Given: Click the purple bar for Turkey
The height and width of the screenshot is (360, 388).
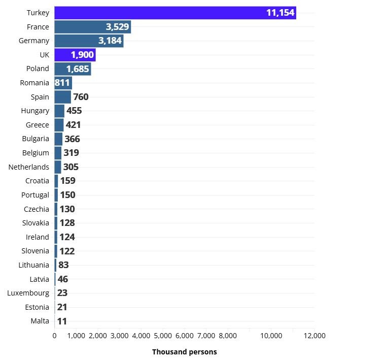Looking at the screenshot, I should coord(175,13).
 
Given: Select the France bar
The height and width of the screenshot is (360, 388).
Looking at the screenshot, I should coord(92,27).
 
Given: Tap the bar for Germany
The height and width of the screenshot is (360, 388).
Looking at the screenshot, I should coord(89,41).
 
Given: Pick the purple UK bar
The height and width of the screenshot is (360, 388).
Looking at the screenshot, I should coord(75,55).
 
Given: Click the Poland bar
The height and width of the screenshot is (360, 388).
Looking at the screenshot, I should coord(73,69).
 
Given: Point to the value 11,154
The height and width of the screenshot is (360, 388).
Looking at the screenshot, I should coord(280,13).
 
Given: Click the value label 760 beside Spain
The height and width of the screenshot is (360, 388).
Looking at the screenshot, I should coord(81,96).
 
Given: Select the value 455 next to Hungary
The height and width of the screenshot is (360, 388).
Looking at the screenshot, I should coord(74,111).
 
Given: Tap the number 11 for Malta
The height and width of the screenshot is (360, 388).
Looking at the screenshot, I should coord(61,321).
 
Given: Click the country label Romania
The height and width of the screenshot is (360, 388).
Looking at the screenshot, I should coord(34,83).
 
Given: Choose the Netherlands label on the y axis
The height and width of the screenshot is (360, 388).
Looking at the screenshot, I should coord(29,167).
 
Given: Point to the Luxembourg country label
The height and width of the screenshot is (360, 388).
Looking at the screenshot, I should coord(28,293).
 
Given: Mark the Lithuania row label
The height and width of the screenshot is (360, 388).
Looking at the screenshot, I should coord(33,265).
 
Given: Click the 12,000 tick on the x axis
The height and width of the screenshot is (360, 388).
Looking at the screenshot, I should coord(314,336).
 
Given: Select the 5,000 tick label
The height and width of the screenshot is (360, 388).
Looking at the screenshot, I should coord(163,336).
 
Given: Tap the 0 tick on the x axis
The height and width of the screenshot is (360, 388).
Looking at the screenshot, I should coord(55,336).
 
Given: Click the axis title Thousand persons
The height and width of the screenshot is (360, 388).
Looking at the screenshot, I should coord(184,352).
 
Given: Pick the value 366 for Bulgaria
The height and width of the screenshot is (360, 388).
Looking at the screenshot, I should coord(72,139).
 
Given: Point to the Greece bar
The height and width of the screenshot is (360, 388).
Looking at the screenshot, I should coord(59,125).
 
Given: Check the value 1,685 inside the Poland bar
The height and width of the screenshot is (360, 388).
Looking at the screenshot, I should coord(78,69).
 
